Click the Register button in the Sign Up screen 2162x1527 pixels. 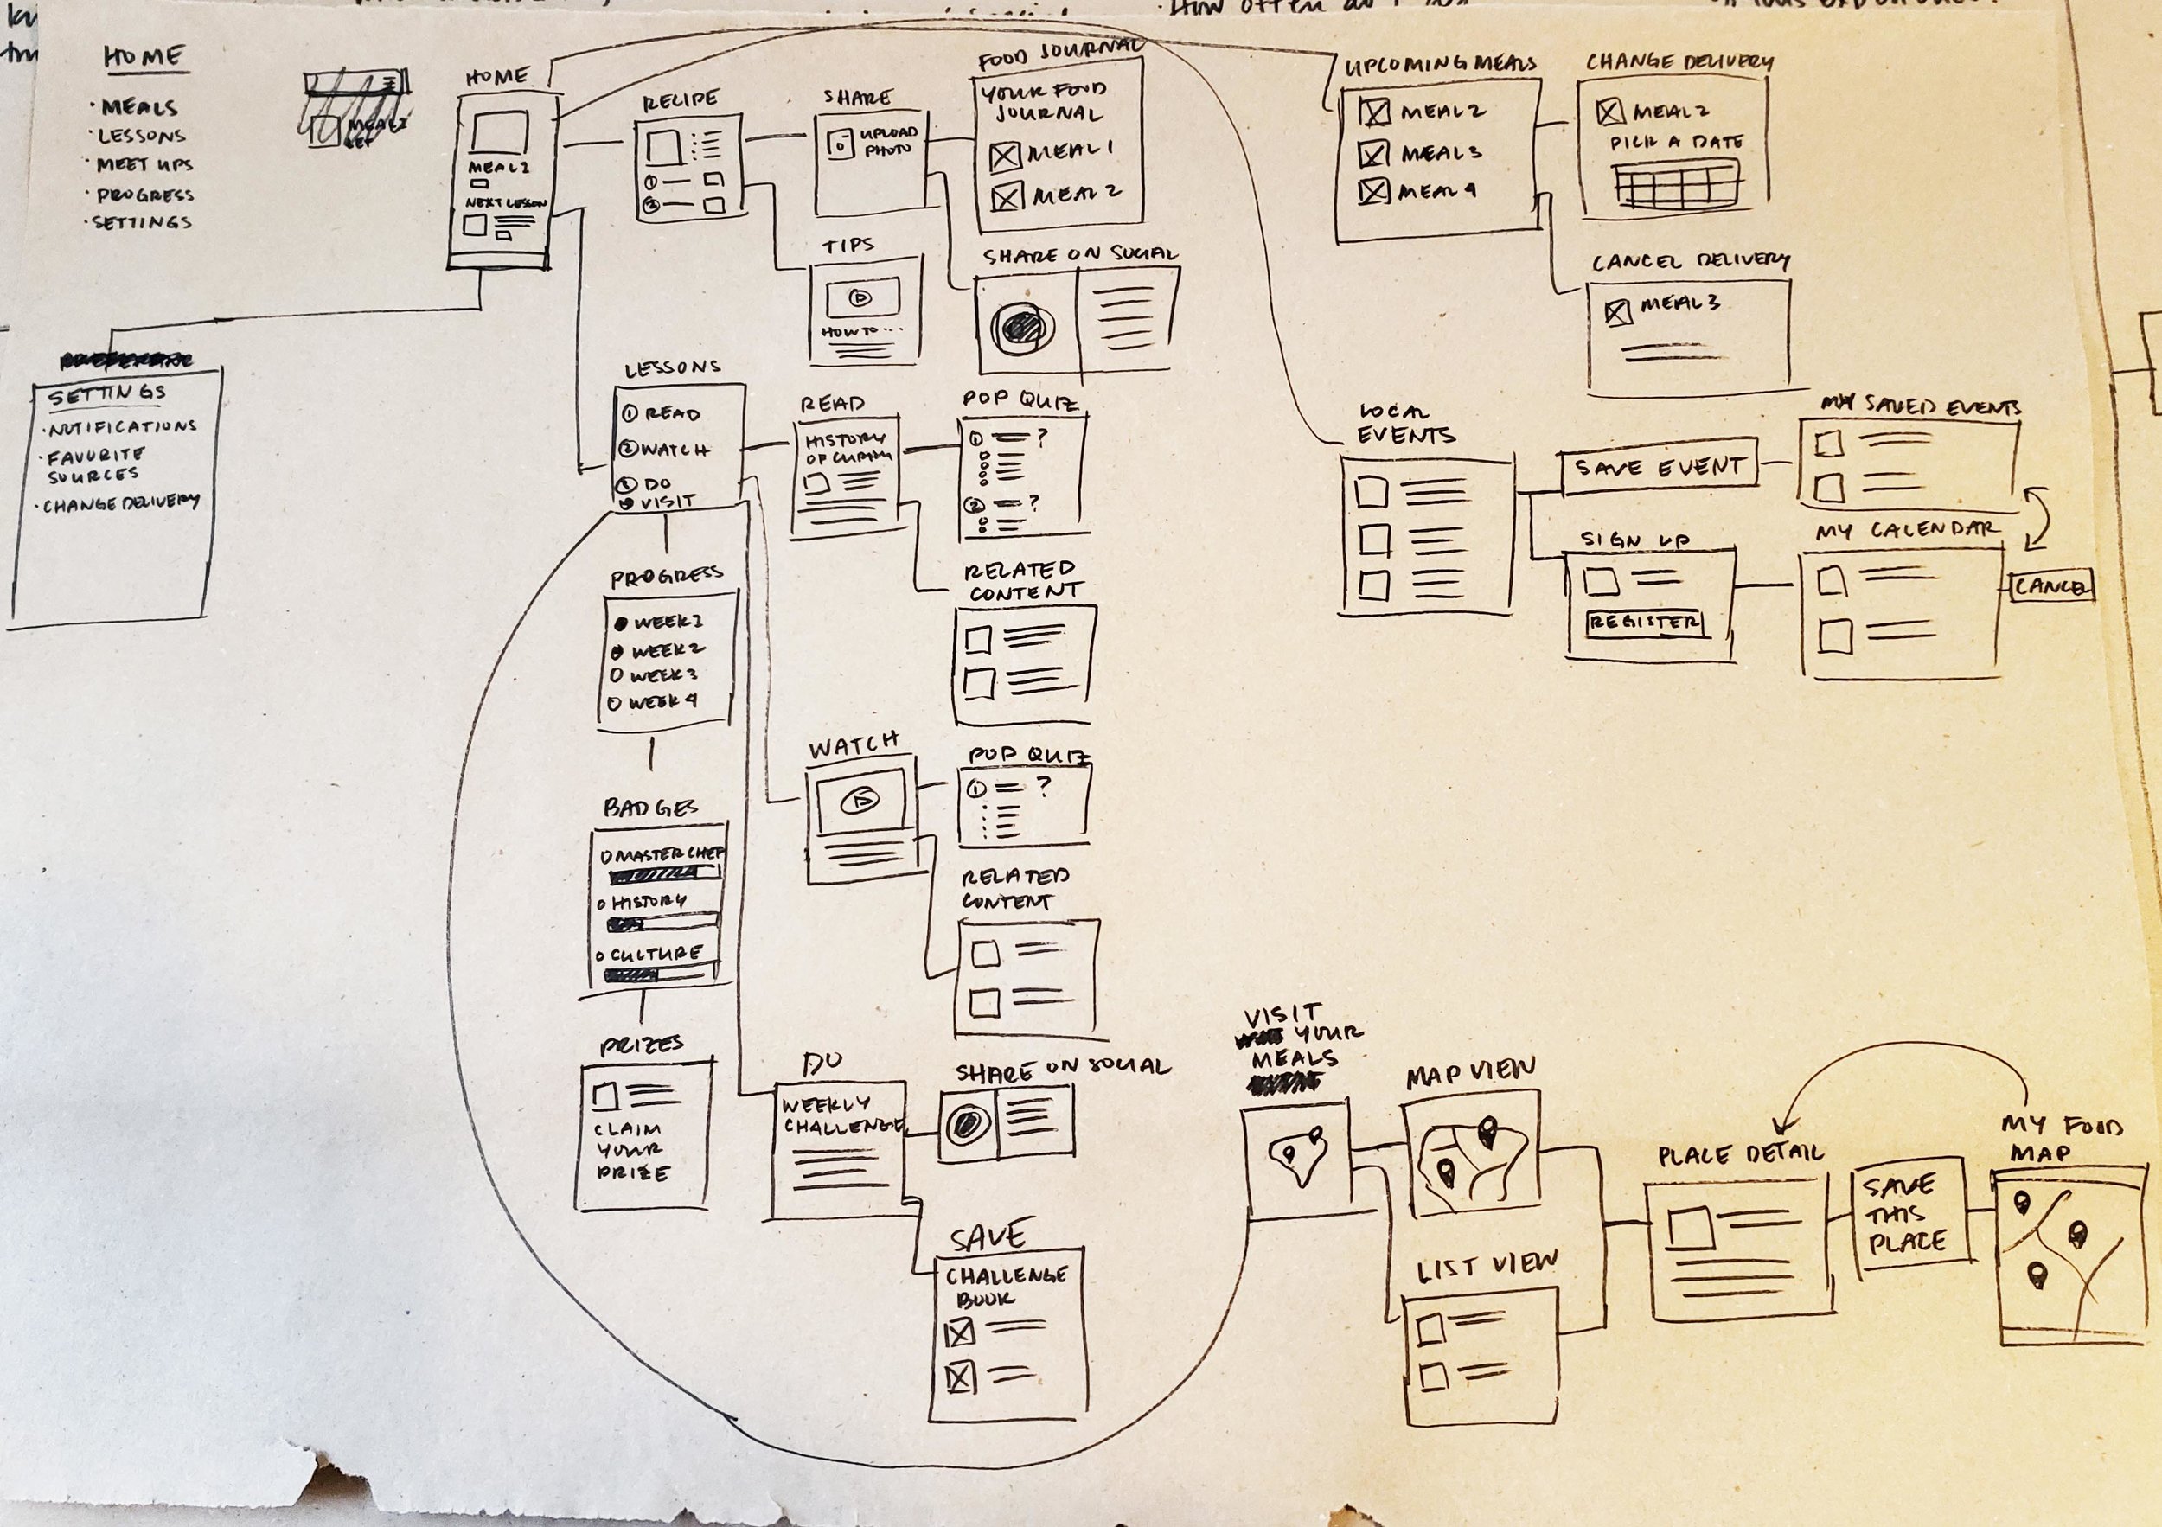[1644, 623]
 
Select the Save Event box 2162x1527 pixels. [1660, 466]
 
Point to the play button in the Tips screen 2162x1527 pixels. [860, 297]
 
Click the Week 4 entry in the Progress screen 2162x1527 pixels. [656, 702]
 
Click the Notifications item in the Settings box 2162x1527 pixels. [123, 427]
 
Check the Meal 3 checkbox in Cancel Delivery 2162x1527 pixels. [1618, 311]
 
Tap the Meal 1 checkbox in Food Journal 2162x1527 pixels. [1005, 157]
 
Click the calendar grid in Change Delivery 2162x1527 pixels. [1674, 183]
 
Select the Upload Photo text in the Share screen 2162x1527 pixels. [887, 140]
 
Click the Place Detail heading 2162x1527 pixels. [1740, 1154]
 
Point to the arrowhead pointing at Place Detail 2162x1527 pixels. [1781, 1127]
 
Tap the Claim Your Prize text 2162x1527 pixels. [632, 1150]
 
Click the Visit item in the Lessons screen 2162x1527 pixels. [664, 502]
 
